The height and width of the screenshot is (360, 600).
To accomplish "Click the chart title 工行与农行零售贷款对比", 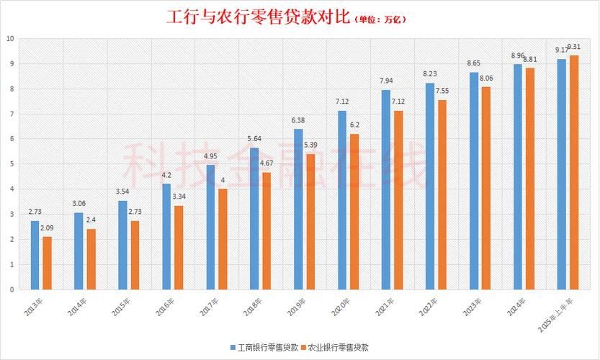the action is pos(259,17).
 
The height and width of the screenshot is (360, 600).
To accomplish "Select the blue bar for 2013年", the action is pos(35,255).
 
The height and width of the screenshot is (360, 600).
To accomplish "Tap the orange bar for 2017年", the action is pos(223,239).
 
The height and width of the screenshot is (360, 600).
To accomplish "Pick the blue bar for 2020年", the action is pos(342,200).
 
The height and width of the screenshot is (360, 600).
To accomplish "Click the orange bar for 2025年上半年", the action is pos(574,173).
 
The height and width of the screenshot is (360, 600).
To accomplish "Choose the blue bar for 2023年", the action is pos(474,181).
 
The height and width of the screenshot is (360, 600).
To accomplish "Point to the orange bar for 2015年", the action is pos(135,255).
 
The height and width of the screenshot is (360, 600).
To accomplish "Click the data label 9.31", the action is pos(573,47).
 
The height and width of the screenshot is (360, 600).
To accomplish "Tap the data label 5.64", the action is pos(254,138).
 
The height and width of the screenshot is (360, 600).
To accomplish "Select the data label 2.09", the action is pos(47,228).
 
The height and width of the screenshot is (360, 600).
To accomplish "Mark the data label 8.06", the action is pos(486,78).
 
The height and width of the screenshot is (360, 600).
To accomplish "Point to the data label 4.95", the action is pos(210,156).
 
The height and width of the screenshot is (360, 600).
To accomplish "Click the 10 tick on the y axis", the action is pos(10,39).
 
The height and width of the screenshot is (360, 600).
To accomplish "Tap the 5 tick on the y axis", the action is pos(12,164).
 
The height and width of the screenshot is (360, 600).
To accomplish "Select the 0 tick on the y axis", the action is pos(12,289).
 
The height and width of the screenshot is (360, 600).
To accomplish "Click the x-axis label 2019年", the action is pos(297,307).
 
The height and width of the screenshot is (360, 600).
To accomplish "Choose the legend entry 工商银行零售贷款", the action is pos(264,347).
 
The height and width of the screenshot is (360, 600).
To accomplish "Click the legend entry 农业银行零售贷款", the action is pos(335,347).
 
